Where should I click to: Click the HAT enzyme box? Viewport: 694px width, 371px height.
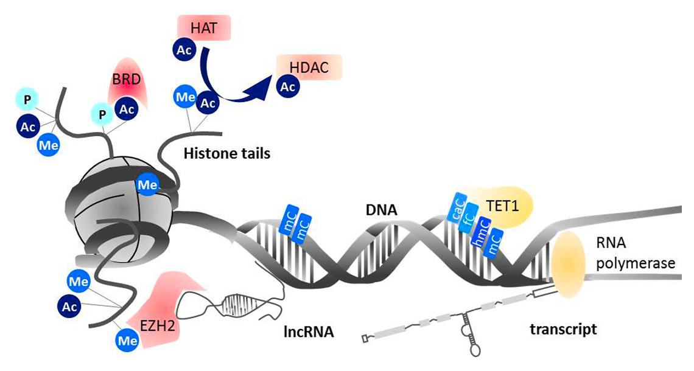pyautogui.click(x=204, y=28)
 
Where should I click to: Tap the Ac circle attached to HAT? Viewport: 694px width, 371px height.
pyautogui.click(x=184, y=50)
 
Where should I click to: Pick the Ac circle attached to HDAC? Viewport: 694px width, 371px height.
pyautogui.click(x=288, y=88)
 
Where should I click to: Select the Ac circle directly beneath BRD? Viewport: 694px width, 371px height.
pyautogui.click(x=127, y=109)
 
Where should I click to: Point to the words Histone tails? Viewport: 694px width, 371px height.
pyautogui.click(x=226, y=153)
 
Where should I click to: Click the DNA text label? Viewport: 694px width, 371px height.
pyautogui.click(x=380, y=210)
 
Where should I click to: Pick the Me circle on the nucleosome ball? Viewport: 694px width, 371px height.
pyautogui.click(x=148, y=183)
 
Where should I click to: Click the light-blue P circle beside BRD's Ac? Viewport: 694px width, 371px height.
pyautogui.click(x=101, y=114)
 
